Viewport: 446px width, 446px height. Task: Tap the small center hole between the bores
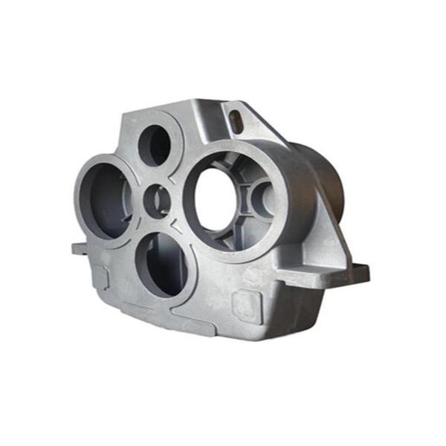[x=157, y=201]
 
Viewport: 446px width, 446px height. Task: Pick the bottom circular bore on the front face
[x=159, y=264]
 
